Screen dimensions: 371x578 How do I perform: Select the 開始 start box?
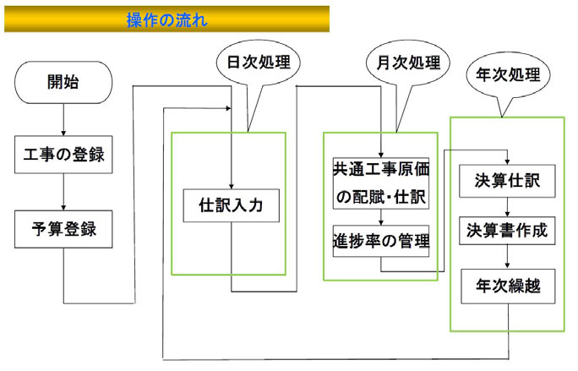coord(63,82)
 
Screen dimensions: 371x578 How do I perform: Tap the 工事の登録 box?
coord(63,155)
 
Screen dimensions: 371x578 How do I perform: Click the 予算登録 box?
coord(63,228)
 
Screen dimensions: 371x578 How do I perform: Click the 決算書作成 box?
coord(506,229)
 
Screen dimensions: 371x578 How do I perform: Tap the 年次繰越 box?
coord(506,286)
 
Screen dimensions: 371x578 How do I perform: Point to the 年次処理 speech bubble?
coord(508,74)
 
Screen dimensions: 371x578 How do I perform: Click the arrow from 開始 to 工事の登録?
coord(63,117)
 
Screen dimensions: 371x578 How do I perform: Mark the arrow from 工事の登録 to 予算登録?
coord(63,192)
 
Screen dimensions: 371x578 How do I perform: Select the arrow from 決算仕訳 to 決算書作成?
coord(506,206)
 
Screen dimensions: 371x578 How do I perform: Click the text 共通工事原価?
coord(381,169)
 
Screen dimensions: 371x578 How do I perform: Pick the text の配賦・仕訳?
coord(381,197)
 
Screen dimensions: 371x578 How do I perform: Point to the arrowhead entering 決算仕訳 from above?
coord(506,161)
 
